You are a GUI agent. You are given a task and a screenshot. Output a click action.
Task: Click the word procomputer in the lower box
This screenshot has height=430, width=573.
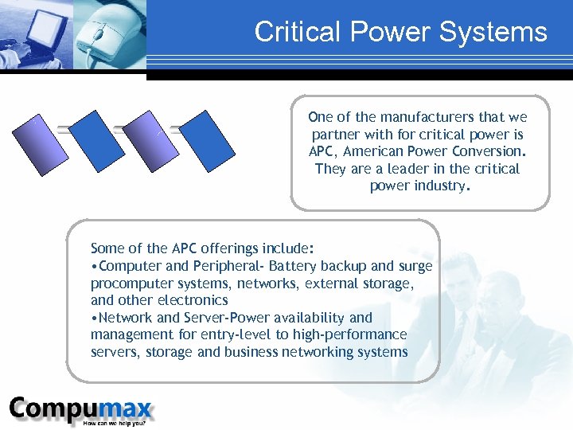tap(128, 283)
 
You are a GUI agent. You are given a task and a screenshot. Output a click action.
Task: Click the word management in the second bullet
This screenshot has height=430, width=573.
tap(129, 334)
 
